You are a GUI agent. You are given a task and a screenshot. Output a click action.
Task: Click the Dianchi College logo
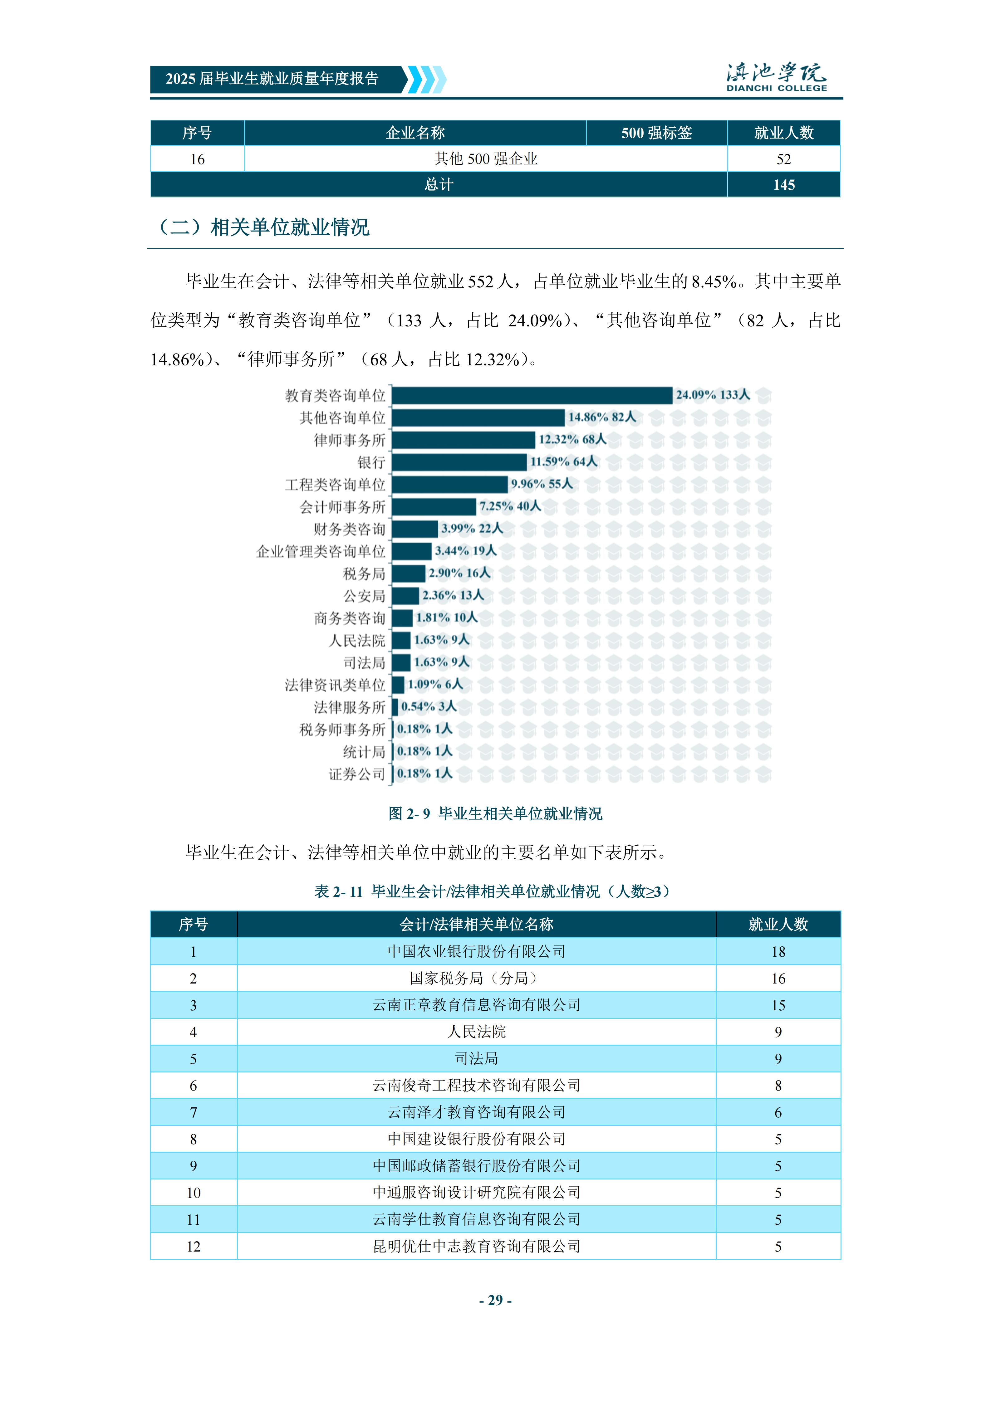(x=776, y=77)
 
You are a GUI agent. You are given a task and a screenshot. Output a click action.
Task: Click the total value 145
(x=783, y=185)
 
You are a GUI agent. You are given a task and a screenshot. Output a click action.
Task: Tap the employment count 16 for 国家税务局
(x=778, y=979)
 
